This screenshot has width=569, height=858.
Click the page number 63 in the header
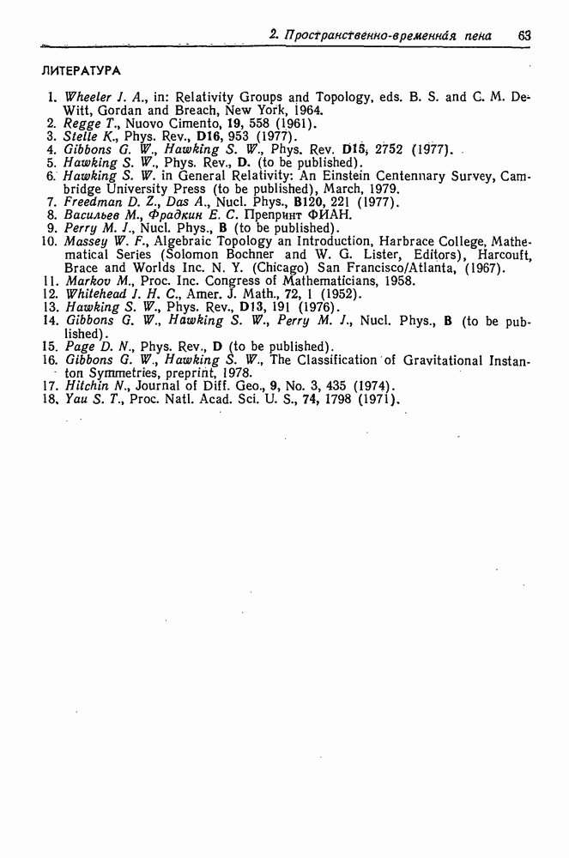[524, 36]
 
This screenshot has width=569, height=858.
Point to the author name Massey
[84, 242]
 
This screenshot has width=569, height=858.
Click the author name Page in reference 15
[80, 346]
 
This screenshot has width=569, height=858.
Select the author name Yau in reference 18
[76, 399]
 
